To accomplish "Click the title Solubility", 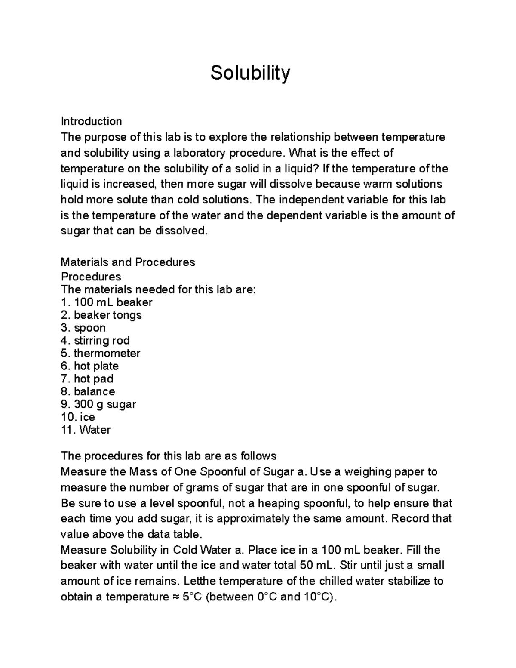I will coord(250,73).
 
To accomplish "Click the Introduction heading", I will coord(91,121).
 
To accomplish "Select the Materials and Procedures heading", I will coord(128,262).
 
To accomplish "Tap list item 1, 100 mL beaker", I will coord(107,302).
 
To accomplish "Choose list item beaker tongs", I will coord(101,315).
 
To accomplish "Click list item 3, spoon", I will coord(83,328).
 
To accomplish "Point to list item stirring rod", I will coord(95,341).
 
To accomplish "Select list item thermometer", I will coord(101,353).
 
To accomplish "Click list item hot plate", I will coord(90,366).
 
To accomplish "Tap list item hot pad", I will coord(87,379).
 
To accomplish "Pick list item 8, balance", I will coord(88,391).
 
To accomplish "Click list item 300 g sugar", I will coord(98,404).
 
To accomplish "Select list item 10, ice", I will coord(78,417).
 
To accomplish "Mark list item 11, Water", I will coord(86,430).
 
